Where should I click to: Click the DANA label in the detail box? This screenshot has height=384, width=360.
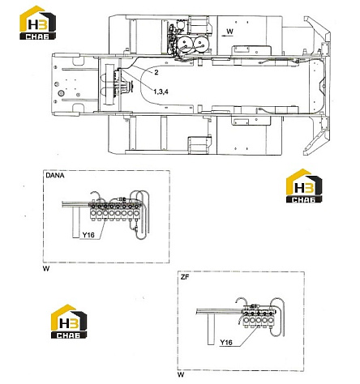click(55, 176)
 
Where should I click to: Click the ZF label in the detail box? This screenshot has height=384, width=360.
click(185, 277)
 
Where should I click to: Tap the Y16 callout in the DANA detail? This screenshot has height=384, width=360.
click(88, 235)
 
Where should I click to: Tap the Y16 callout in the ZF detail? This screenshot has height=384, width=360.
click(226, 343)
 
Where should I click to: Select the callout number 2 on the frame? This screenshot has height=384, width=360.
click(156, 72)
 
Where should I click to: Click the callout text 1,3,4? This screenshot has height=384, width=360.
click(161, 92)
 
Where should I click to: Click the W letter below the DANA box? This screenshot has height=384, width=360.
click(46, 269)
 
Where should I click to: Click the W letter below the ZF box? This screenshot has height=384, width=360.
click(181, 375)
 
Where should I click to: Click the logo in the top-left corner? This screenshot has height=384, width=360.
click(37, 23)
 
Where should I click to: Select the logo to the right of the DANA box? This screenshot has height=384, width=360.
click(304, 186)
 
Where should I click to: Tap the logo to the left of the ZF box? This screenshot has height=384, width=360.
click(69, 322)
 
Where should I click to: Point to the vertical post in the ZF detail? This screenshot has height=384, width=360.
click(211, 329)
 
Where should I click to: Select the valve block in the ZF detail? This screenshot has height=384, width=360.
click(258, 318)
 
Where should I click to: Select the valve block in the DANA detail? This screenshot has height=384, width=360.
click(115, 211)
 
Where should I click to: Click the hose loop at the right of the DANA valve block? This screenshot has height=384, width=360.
click(141, 215)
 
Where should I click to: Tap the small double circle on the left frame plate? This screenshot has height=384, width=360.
click(60, 94)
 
